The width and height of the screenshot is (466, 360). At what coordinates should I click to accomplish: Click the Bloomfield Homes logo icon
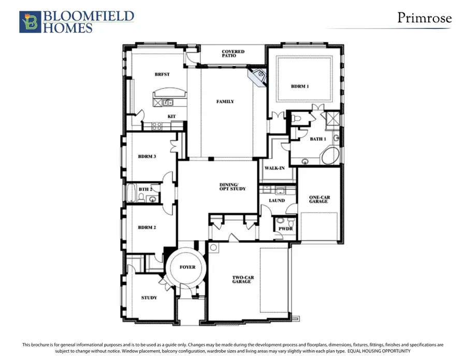(x=30, y=22)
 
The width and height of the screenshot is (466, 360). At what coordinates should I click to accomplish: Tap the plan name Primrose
(x=425, y=18)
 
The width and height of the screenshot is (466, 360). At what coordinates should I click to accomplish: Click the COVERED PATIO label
(x=233, y=53)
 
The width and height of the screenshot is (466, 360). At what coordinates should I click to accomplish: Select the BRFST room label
(x=162, y=74)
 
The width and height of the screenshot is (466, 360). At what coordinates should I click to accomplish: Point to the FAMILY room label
(x=225, y=101)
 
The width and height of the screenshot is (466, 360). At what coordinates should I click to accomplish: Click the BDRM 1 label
(x=300, y=86)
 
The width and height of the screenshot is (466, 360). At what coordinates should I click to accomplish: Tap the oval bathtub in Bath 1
(x=330, y=156)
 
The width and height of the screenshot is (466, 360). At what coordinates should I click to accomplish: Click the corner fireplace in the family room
(x=257, y=77)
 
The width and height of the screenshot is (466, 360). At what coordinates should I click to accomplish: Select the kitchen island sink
(x=168, y=103)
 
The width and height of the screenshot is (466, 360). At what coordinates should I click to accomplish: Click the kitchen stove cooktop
(x=157, y=126)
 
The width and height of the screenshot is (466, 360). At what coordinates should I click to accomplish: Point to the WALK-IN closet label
(x=274, y=168)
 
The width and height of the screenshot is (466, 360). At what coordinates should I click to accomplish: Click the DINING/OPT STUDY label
(x=232, y=187)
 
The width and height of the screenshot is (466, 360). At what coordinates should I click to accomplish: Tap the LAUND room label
(x=276, y=201)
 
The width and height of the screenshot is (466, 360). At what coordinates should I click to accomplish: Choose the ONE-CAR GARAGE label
(x=319, y=199)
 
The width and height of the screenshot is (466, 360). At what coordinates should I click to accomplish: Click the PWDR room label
(x=285, y=229)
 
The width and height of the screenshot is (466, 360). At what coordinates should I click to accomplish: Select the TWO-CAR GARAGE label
(x=243, y=280)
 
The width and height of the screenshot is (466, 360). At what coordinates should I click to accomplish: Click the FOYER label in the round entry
(x=187, y=267)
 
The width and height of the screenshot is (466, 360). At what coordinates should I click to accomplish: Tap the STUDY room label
(x=149, y=298)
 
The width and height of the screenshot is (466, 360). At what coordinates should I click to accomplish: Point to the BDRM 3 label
(x=147, y=156)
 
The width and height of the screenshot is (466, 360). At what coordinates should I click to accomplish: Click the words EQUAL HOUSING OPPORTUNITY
(x=379, y=351)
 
